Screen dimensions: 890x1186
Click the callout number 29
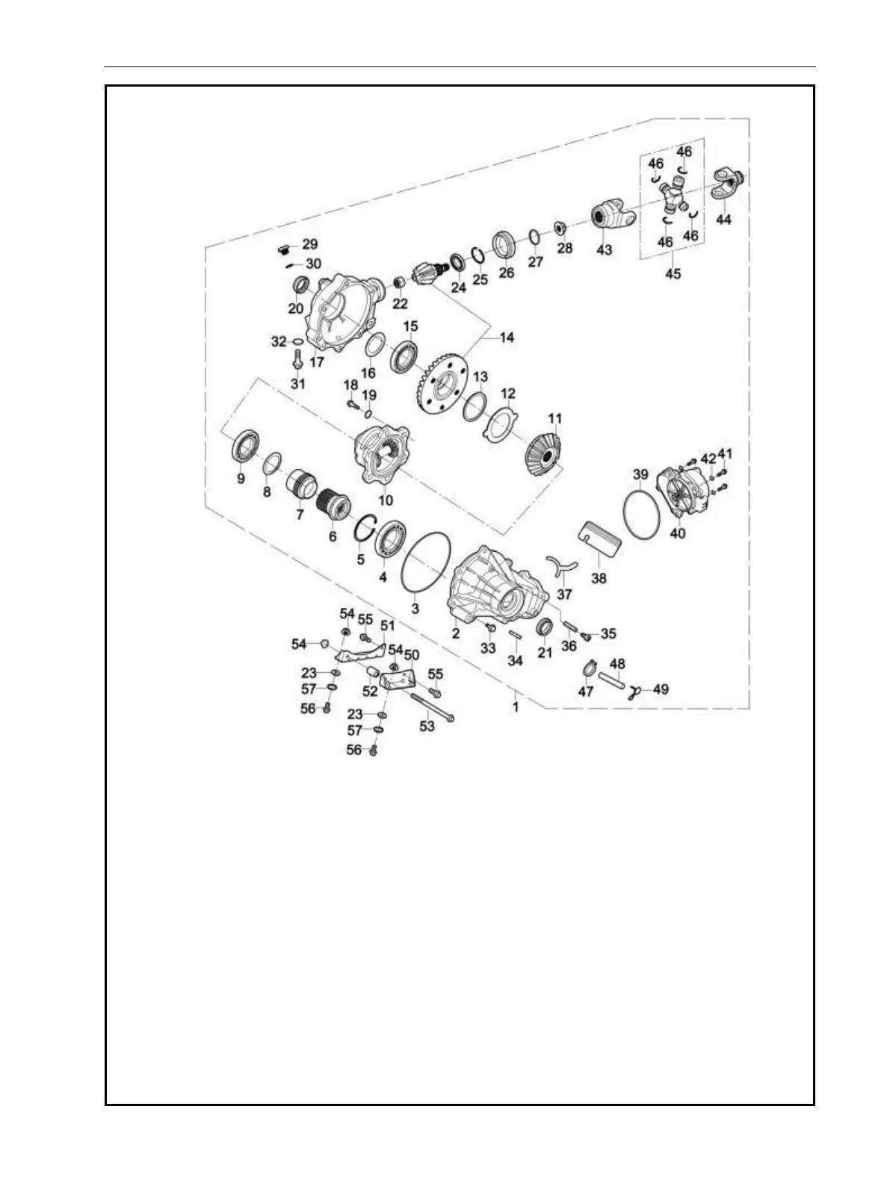(309, 245)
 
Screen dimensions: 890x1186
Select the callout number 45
(673, 273)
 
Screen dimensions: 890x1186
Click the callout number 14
(507, 338)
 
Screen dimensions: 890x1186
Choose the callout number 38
(599, 578)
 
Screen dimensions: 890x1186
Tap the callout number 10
(386, 500)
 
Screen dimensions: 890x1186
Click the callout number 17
(317, 363)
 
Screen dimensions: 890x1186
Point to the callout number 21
(545, 652)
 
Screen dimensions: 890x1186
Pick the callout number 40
(677, 534)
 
